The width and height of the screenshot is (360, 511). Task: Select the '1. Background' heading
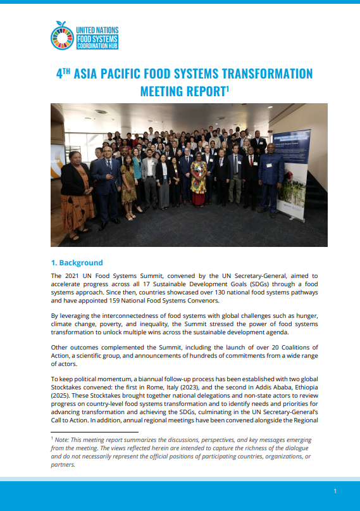[x=77, y=262]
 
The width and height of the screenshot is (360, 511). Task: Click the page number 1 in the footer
[x=335, y=491]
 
